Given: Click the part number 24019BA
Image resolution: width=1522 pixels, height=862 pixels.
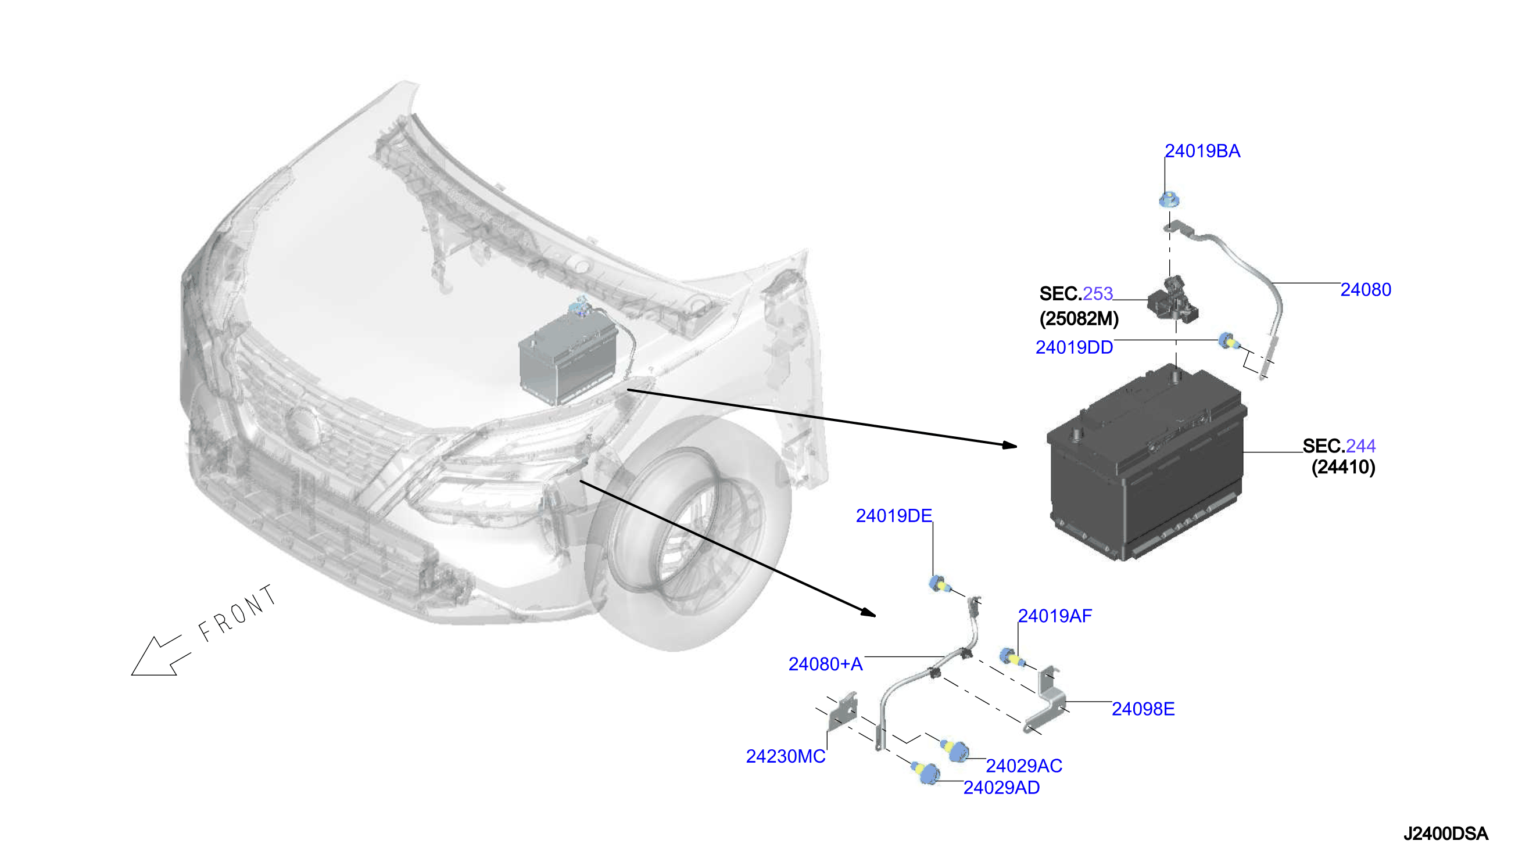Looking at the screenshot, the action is pyautogui.click(x=1202, y=151).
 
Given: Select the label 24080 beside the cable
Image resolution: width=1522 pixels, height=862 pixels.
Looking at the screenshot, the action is pyautogui.click(x=1365, y=289).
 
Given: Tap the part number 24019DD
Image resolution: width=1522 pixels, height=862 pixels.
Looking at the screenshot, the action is pyautogui.click(x=1074, y=347).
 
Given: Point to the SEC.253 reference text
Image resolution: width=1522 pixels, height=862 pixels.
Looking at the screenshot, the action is pyautogui.click(x=1076, y=294).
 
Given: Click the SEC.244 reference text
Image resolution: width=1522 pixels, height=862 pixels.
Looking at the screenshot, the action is pyautogui.click(x=1338, y=446).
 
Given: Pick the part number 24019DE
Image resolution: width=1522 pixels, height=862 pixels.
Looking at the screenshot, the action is pyautogui.click(x=894, y=516).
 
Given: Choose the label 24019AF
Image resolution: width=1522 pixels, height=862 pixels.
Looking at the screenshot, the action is pyautogui.click(x=1055, y=616).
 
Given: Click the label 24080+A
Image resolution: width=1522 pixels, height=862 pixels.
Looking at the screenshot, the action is pyautogui.click(x=825, y=665).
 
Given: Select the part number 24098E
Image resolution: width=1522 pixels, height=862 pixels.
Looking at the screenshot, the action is pyautogui.click(x=1143, y=709).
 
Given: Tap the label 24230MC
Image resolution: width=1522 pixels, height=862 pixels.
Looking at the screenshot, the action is pyautogui.click(x=785, y=757).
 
